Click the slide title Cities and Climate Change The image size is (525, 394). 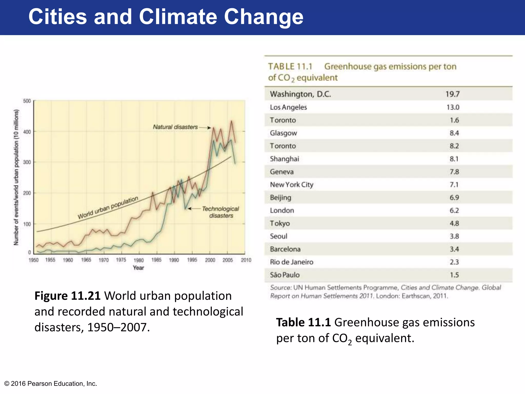[x=166, y=17]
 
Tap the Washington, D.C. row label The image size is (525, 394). [x=300, y=94]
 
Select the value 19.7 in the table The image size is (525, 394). [x=452, y=94]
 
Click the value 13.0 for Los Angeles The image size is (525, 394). [x=453, y=107]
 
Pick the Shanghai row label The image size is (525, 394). [x=284, y=159]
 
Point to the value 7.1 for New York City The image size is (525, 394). [x=454, y=185]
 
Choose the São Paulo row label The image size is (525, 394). [x=285, y=275]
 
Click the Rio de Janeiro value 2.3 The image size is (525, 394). [x=454, y=262]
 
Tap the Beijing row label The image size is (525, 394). [x=280, y=198]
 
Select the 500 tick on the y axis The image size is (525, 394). [x=27, y=101]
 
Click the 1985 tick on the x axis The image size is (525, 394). [x=156, y=260]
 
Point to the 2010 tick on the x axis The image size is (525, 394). [x=246, y=260]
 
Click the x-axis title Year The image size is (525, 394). [x=138, y=268]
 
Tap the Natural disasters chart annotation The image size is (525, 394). [x=175, y=127]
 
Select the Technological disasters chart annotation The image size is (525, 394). [x=220, y=212]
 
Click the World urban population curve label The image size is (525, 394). [x=108, y=208]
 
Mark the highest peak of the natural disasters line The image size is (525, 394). [x=231, y=121]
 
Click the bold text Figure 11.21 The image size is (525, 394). [x=67, y=296]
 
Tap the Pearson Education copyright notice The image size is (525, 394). [x=51, y=383]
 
